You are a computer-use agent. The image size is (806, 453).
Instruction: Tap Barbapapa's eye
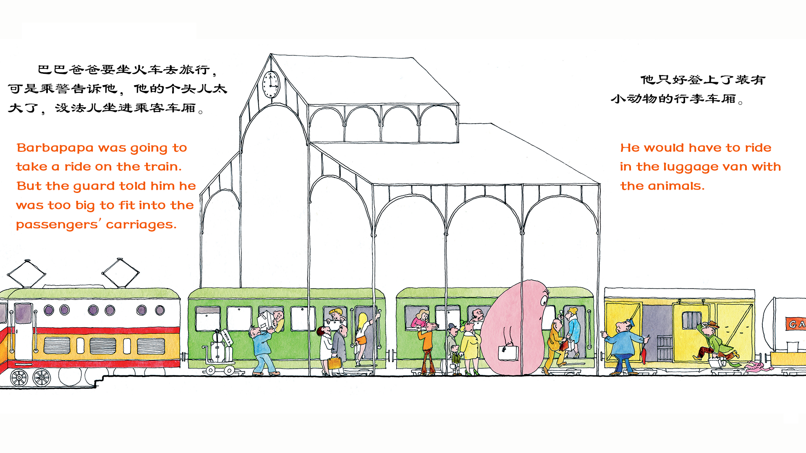(544, 300)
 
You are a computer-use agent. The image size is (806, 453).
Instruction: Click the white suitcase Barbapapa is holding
(508, 352)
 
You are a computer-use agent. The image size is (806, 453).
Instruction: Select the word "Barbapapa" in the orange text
(55, 148)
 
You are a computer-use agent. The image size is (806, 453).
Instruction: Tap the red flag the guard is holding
(644, 354)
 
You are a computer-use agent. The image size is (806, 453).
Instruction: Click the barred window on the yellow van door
(691, 320)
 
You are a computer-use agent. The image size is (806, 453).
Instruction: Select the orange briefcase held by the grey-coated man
(335, 363)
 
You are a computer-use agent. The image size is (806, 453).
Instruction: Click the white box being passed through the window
(265, 320)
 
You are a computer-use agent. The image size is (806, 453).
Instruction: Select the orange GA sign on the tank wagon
(796, 324)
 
